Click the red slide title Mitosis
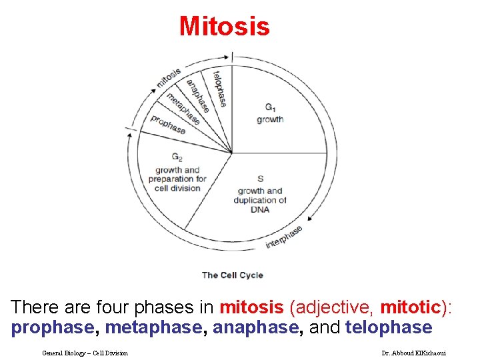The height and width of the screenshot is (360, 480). [225, 27]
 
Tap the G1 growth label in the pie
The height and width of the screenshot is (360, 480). [270, 113]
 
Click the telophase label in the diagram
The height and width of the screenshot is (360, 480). [219, 88]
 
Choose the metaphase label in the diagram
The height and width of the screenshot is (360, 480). [183, 108]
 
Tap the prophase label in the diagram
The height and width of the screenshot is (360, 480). [168, 124]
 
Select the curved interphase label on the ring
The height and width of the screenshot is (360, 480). [284, 237]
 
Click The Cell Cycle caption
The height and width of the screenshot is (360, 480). [232, 275]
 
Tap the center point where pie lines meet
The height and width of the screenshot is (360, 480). [232, 153]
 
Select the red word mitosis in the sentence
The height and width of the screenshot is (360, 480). [252, 307]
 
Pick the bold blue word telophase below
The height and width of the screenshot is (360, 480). [389, 327]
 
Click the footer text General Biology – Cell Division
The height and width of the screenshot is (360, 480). [85, 353]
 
